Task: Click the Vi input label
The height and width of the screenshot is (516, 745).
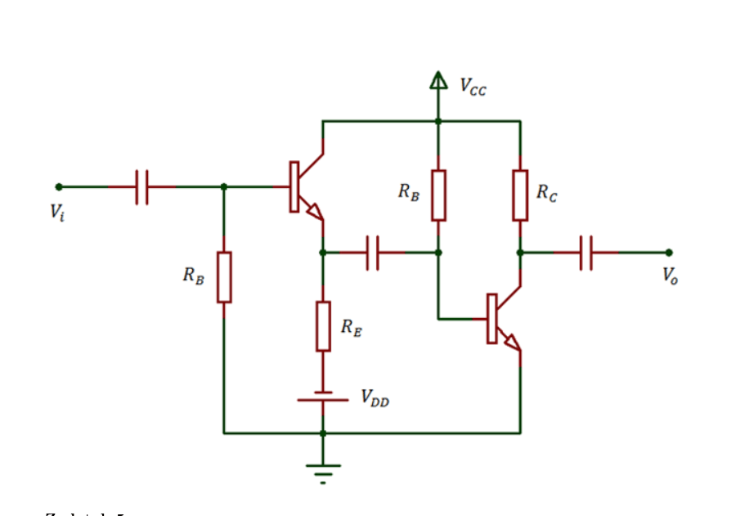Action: pyautogui.click(x=56, y=212)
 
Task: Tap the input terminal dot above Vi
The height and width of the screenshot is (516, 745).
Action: pyautogui.click(x=59, y=186)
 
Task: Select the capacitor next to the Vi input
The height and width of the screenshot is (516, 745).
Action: pyautogui.click(x=142, y=186)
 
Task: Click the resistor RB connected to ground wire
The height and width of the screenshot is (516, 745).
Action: pyautogui.click(x=224, y=277)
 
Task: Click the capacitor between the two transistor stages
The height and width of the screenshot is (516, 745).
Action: pyautogui.click(x=373, y=253)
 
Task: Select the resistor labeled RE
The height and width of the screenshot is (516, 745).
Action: pyautogui.click(x=323, y=325)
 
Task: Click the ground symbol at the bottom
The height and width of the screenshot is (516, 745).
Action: pyautogui.click(x=323, y=471)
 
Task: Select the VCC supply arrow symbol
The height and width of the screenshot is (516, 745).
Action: pyautogui.click(x=438, y=79)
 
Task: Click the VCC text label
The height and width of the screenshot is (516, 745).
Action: pyautogui.click(x=473, y=86)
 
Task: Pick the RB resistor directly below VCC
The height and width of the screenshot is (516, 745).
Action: pyautogui.click(x=438, y=195)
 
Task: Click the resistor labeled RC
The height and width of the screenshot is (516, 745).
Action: pyautogui.click(x=520, y=195)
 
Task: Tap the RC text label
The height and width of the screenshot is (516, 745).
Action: pyautogui.click(x=547, y=193)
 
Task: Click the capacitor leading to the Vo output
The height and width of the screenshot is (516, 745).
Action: pyautogui.click(x=586, y=253)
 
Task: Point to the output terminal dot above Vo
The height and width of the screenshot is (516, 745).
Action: pyautogui.click(x=668, y=253)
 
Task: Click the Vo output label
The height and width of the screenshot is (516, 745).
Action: pyautogui.click(x=670, y=276)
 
